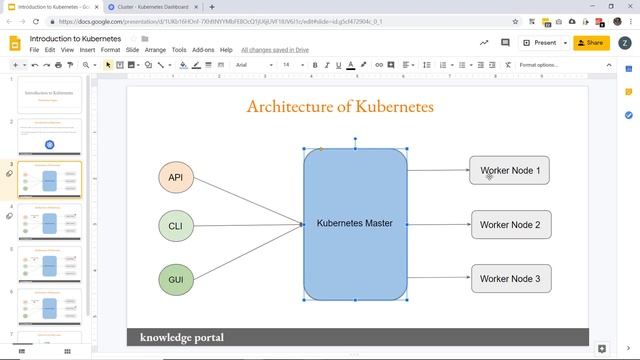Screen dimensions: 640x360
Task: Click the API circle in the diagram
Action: coord(175,178)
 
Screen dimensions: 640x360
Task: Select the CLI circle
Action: coord(175,226)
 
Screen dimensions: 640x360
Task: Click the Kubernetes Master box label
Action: coord(355,223)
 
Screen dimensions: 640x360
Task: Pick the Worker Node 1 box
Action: coord(510,171)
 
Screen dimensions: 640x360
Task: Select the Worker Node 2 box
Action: coord(510,225)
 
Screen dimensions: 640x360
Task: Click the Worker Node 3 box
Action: coord(510,279)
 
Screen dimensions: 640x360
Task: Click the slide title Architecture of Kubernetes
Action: coord(340,106)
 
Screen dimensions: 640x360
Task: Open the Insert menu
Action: coord(88,50)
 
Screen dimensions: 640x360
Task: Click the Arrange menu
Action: coord(155,50)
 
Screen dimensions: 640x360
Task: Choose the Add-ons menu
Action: coord(203,50)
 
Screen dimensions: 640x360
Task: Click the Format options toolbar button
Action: coord(538,65)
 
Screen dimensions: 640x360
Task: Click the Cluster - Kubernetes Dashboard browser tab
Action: coord(150,6)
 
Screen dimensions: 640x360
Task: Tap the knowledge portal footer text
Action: coord(182,337)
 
